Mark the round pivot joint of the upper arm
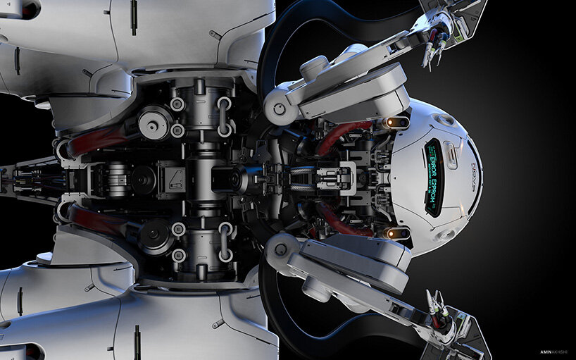[280, 109]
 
